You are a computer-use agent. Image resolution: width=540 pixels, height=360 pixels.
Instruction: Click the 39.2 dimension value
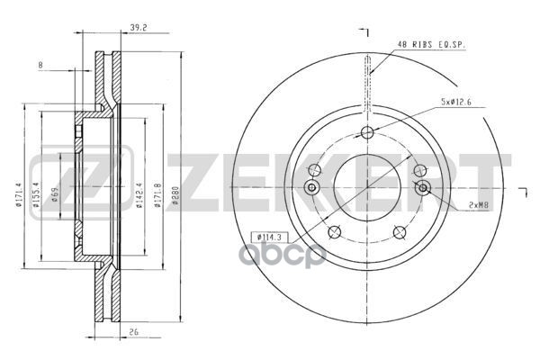coord(139,28)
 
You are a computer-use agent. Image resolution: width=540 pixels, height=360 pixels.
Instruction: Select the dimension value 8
coord(40,65)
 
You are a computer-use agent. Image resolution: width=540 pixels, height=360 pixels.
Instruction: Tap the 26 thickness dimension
coord(134,332)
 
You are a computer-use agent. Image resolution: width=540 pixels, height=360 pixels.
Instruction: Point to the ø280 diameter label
coord(175,196)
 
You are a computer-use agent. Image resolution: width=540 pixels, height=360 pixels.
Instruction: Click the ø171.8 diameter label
coord(158,195)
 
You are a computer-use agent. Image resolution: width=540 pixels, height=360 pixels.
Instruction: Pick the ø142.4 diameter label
coord(139,195)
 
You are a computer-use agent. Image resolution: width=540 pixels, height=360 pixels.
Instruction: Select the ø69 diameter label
coord(56,195)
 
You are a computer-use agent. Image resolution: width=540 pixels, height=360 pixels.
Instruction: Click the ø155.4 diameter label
coord(36,195)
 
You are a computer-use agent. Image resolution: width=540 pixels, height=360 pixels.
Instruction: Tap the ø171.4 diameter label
coord(19,195)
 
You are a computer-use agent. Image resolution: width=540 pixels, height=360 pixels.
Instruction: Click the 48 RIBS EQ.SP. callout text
coord(431,44)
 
